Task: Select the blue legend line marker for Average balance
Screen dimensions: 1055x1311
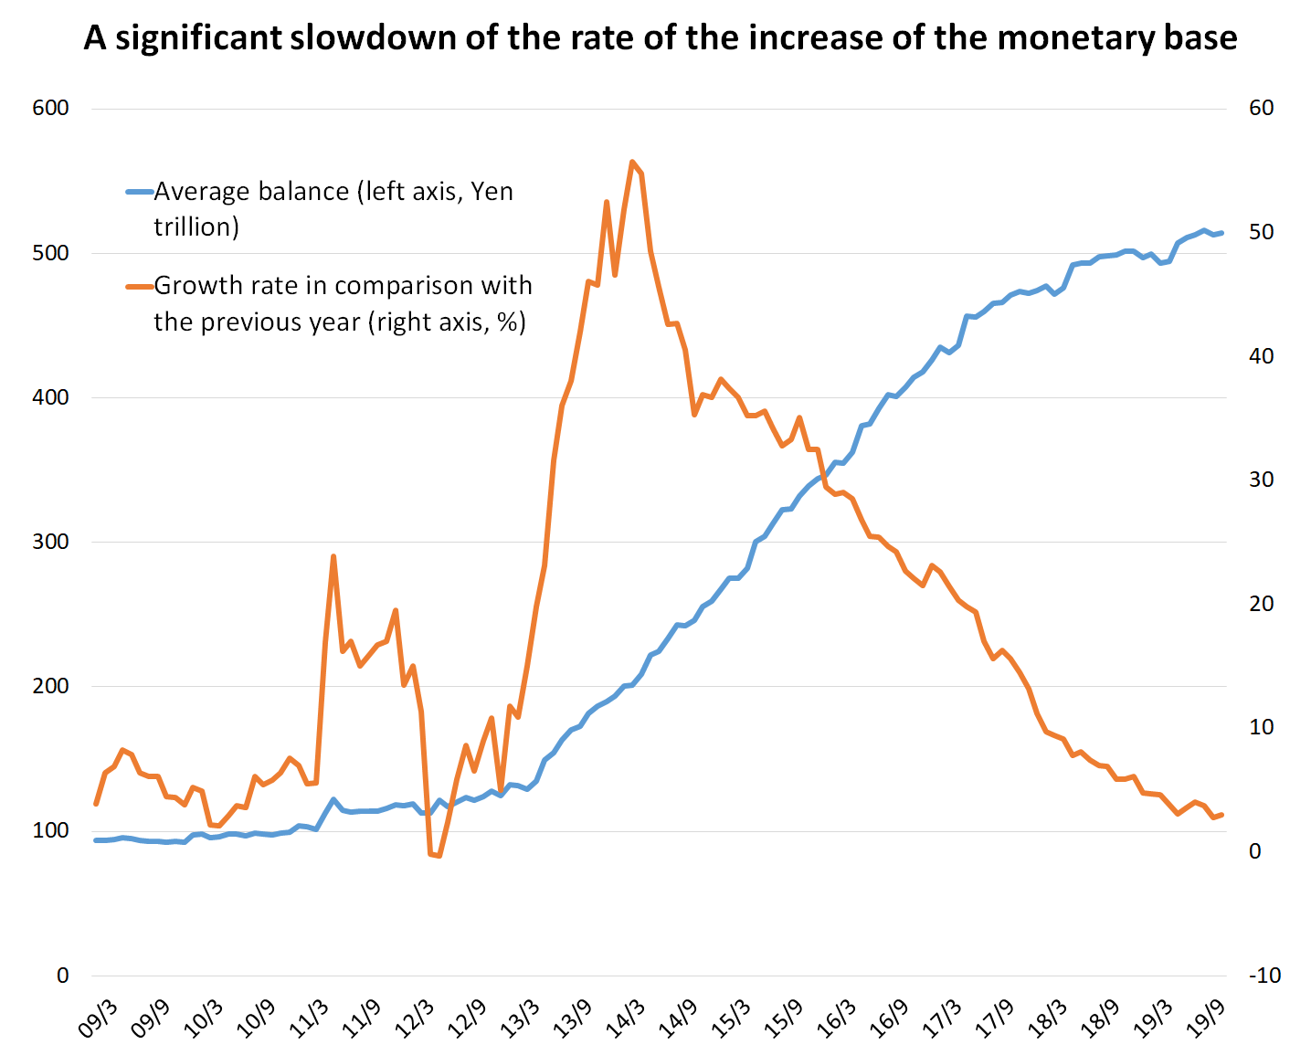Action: click(139, 191)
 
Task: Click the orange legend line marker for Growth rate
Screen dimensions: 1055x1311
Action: click(139, 286)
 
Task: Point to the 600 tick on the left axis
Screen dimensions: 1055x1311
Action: click(50, 108)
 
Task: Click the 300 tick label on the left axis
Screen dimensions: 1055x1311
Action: click(50, 542)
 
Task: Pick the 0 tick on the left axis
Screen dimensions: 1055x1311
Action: click(62, 976)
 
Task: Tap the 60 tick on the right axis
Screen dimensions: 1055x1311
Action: click(1261, 108)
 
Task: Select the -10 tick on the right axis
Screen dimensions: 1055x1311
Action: click(1264, 976)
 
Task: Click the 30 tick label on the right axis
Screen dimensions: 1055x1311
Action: click(1261, 480)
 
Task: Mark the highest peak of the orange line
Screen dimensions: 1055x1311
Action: click(632, 162)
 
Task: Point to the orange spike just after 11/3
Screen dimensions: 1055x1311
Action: click(333, 556)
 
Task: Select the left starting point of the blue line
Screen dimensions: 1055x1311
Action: click(96, 840)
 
